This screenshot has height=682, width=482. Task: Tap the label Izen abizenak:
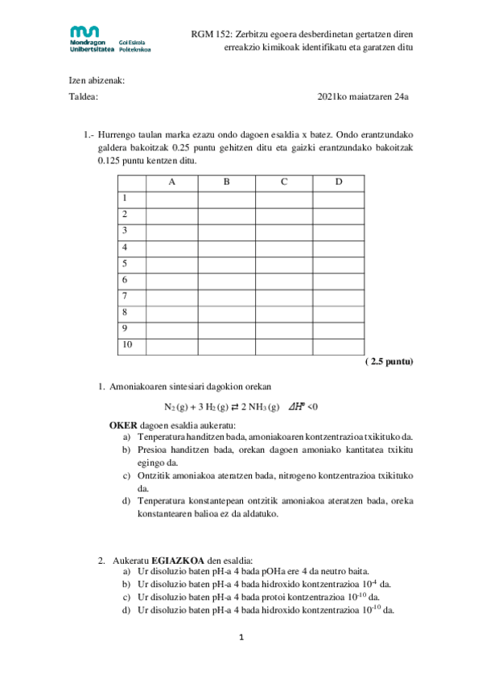coord(96,80)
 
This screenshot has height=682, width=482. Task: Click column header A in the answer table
coord(171,182)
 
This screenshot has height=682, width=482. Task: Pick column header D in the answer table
coord(338,182)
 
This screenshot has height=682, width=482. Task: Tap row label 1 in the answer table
coord(125,198)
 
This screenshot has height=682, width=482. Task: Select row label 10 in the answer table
coord(126,346)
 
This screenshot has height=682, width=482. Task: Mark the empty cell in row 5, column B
coord(226,264)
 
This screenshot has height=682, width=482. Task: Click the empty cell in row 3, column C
coord(283,231)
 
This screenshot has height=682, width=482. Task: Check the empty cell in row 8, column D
coord(338,313)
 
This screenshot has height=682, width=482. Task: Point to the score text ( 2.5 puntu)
coord(388,362)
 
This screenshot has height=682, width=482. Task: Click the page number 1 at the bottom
coord(241,639)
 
